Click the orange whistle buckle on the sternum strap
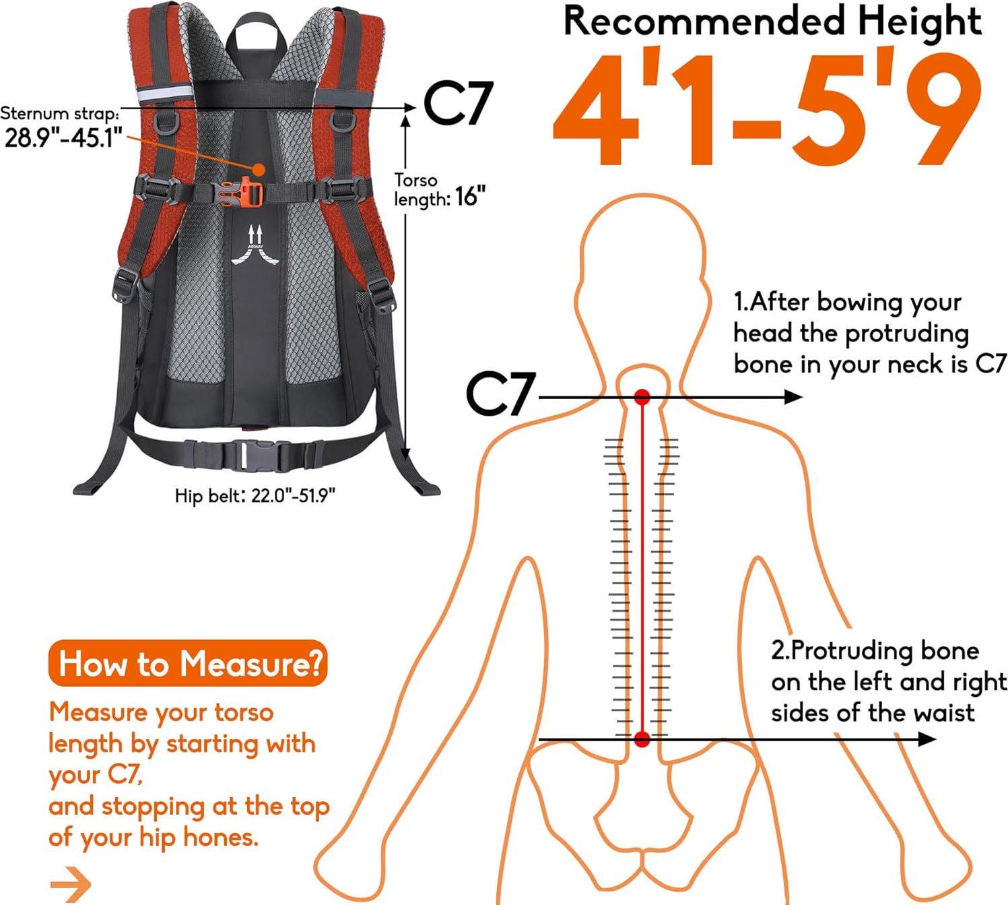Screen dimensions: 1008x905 click(x=244, y=192)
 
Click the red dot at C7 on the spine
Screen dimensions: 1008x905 click(x=642, y=397)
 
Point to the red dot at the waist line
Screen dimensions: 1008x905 click(x=642, y=739)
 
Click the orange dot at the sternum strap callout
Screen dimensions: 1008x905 click(x=259, y=169)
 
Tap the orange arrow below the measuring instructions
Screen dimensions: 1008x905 click(x=71, y=884)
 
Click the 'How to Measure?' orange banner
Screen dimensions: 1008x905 click(x=188, y=664)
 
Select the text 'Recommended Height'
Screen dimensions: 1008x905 click(x=773, y=22)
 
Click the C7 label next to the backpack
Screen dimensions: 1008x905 click(x=458, y=103)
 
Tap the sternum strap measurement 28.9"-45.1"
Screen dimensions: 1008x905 click(x=63, y=137)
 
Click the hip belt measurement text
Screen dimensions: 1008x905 click(x=255, y=495)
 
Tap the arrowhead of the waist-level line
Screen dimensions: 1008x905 click(x=927, y=739)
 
